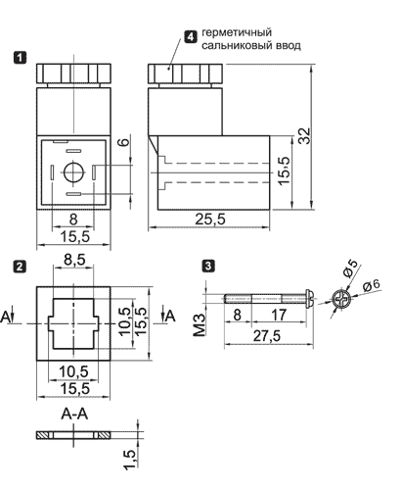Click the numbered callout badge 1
pos(20,58)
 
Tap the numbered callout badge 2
pos(20,267)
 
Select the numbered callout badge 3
pos(209,266)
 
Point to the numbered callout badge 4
pos(191,36)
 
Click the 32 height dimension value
pos(305,135)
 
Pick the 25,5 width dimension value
pos(210,219)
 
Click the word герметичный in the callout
pos(237,32)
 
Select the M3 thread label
pos(200,324)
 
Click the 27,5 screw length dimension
pos(267,336)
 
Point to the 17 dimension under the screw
pos(279,315)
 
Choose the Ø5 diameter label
pos(350,268)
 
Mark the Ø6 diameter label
pos(372,285)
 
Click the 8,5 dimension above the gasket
pos(74,260)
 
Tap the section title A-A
pos(74,414)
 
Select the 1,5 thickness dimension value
pos(130,460)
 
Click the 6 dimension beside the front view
pos(124,142)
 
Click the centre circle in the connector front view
pos(74,171)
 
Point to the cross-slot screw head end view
pos(341,299)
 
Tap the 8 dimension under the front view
pos(73,220)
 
